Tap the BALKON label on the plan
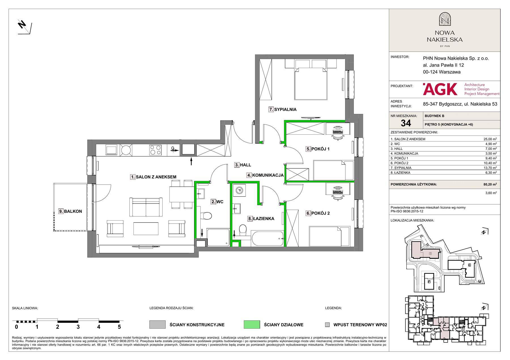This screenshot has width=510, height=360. pos(73,211)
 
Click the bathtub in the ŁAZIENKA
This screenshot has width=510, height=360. pos(267,239)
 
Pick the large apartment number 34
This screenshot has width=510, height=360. pos(406,123)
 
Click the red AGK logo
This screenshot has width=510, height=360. pos(440,89)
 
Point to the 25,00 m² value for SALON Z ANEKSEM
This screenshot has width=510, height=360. pos(490,139)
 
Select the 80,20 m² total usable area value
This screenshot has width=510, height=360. pos(490,184)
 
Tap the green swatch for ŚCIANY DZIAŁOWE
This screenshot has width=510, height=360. pos(252,325)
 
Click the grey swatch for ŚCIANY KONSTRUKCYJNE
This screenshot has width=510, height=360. pos(157,325)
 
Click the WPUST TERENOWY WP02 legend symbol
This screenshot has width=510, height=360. pos(327,325)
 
